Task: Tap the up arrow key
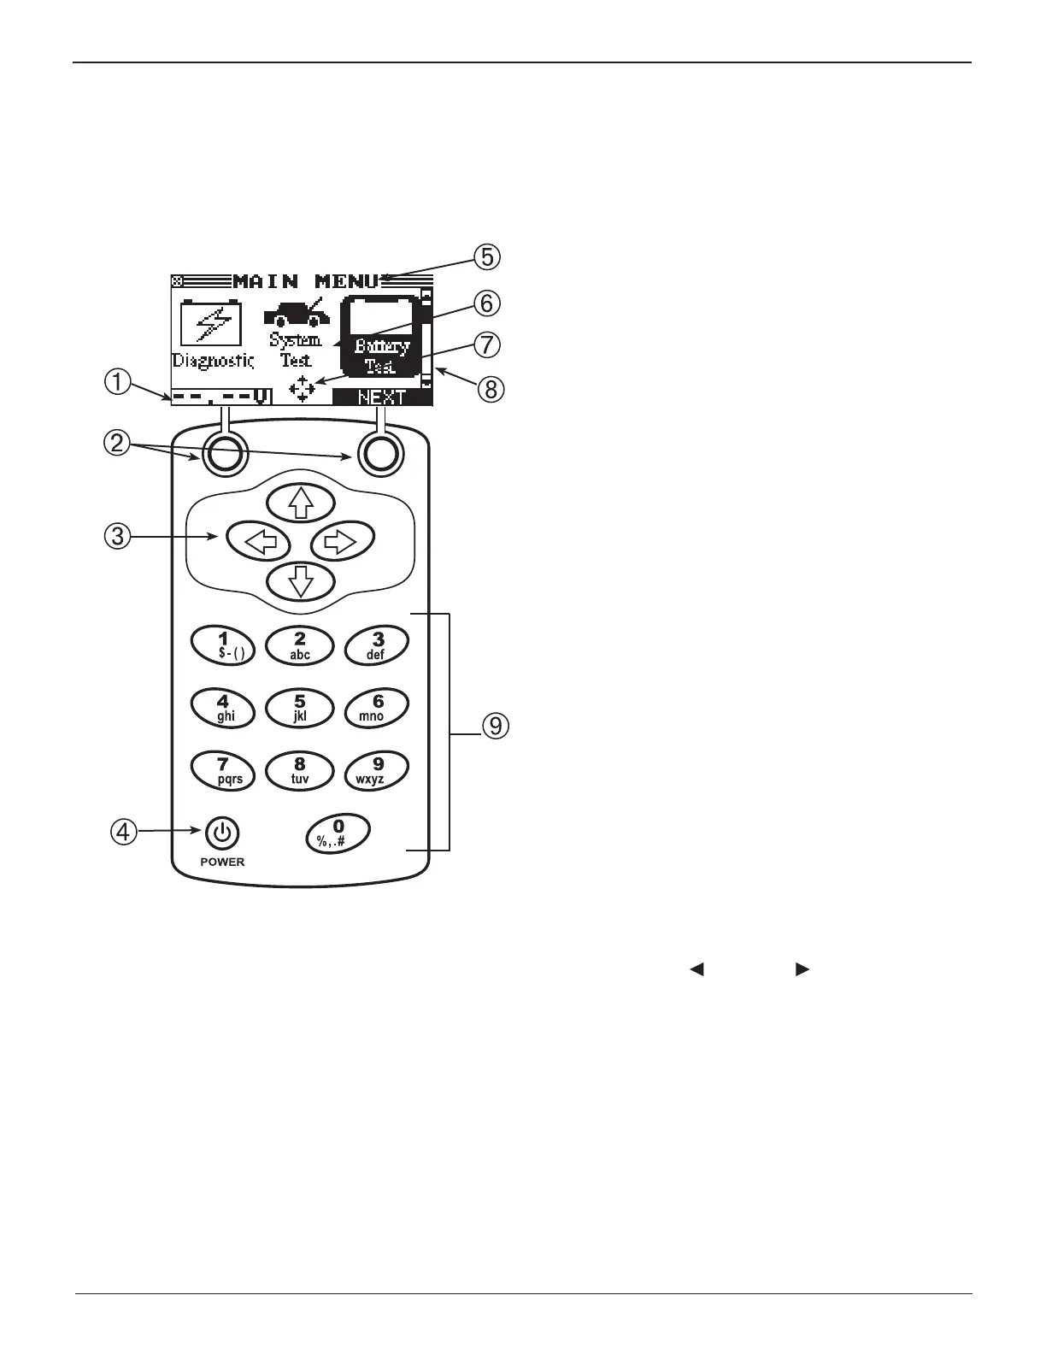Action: pyautogui.click(x=300, y=502)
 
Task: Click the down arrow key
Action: pyautogui.click(x=300, y=582)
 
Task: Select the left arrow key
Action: pyautogui.click(x=258, y=541)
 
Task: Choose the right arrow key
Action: pyautogui.click(x=343, y=541)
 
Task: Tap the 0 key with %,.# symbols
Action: pyautogui.click(x=338, y=833)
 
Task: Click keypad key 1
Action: pyautogui.click(x=223, y=645)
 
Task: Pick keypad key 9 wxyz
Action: pyautogui.click(x=376, y=769)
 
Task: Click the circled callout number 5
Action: pyautogui.click(x=487, y=257)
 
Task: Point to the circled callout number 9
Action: pyautogui.click(x=494, y=727)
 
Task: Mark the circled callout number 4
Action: pyautogui.click(x=125, y=831)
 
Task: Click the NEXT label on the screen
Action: pyautogui.click(x=381, y=397)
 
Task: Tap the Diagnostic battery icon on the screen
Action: pyautogui.click(x=211, y=325)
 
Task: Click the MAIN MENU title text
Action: pyautogui.click(x=305, y=281)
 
